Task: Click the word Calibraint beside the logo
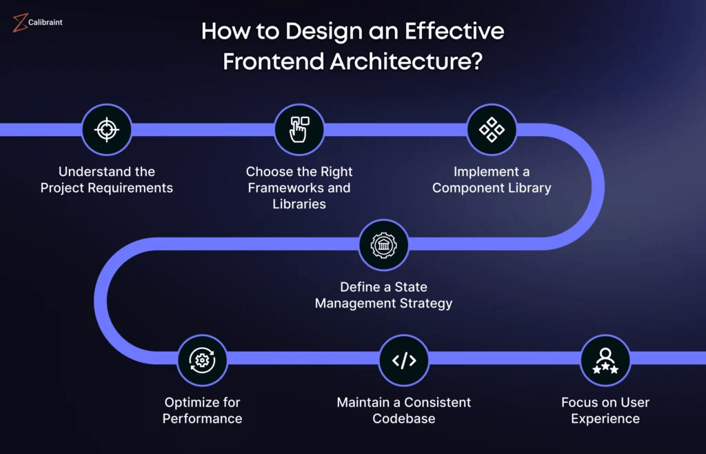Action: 46,23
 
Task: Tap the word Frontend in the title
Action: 273,61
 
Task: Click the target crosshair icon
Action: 106,129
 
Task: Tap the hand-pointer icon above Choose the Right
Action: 299,129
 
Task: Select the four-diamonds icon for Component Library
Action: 492,129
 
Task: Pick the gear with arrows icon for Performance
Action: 202,359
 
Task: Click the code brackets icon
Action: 404,359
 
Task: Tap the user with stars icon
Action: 605,359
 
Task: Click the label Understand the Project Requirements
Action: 107,179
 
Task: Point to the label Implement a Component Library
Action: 492,179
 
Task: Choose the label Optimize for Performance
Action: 203,410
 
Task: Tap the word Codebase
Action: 403,418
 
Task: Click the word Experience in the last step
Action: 605,418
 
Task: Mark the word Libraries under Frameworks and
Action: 299,204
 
